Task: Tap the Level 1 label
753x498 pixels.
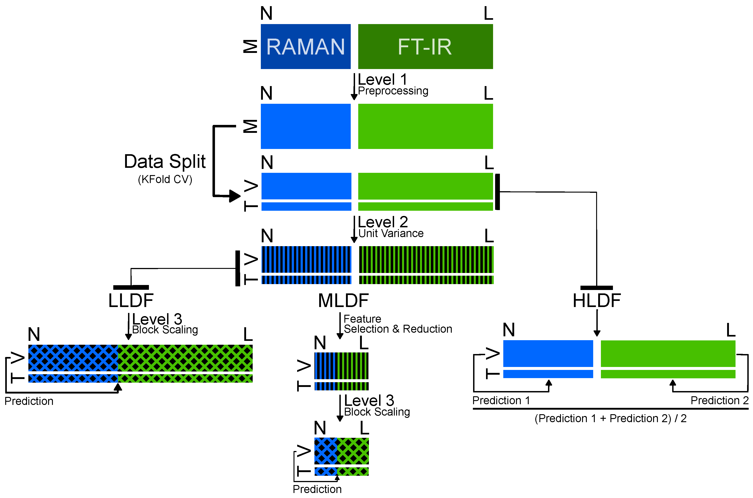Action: (382, 79)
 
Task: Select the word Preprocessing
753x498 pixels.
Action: (393, 91)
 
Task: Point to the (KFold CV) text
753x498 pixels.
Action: (165, 179)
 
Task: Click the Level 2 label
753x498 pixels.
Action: (383, 222)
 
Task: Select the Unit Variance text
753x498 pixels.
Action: (391, 233)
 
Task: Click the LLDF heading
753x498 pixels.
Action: (131, 300)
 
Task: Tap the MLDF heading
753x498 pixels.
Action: (343, 300)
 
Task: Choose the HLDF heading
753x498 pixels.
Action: (597, 300)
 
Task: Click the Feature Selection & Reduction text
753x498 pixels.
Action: (397, 324)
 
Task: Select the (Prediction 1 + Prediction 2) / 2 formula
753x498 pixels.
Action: (610, 419)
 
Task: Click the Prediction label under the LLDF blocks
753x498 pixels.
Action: (29, 401)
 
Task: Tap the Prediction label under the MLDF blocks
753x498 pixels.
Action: (317, 489)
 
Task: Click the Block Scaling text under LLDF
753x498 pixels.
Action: (165, 330)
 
